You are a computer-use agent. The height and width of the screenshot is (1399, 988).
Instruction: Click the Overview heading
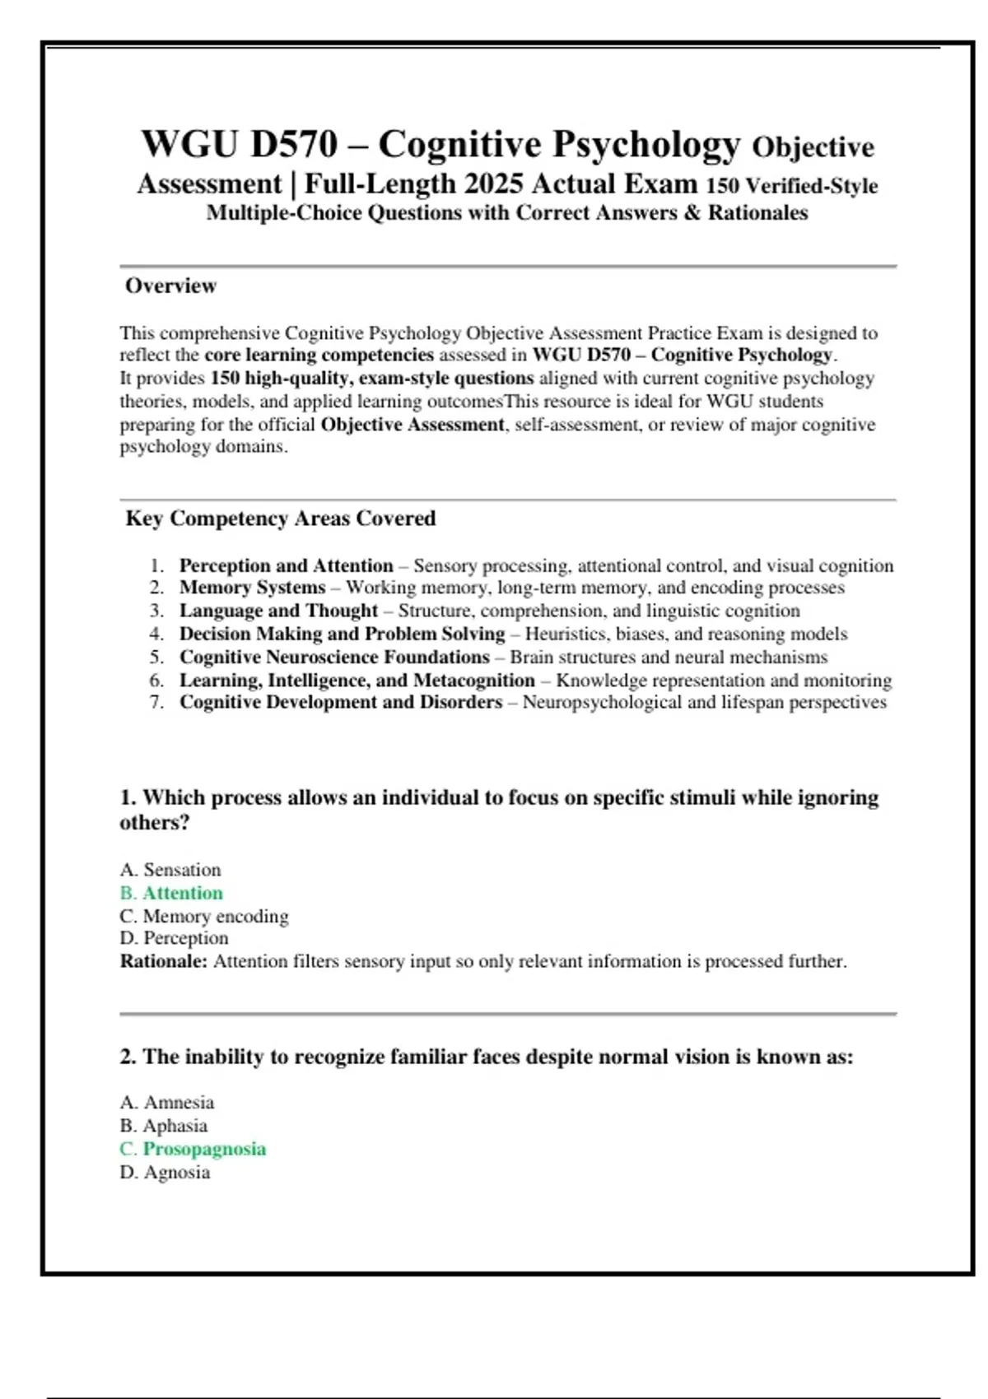[170, 286]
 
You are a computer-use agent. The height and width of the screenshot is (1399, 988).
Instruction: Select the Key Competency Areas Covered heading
[280, 518]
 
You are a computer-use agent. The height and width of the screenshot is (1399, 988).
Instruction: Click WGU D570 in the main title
[239, 144]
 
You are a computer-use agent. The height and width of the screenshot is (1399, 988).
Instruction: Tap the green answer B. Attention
[171, 893]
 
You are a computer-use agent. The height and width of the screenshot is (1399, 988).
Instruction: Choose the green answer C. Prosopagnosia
[193, 1149]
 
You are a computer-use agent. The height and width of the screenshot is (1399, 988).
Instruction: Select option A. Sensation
[170, 870]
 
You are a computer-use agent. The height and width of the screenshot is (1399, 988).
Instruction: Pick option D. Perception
[174, 938]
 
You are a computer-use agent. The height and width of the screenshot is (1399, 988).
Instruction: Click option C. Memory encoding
[204, 916]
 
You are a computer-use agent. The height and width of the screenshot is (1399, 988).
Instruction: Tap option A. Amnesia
[167, 1103]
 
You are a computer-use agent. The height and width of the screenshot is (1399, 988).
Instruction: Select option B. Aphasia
[163, 1126]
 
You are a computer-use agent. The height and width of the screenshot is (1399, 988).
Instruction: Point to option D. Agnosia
[165, 1172]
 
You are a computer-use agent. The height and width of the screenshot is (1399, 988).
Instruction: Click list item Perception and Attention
[286, 566]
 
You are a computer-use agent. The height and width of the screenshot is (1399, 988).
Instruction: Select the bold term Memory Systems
[252, 588]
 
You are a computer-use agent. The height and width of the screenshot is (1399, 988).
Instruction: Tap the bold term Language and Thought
[278, 611]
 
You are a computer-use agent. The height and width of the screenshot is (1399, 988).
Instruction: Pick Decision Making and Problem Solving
[342, 634]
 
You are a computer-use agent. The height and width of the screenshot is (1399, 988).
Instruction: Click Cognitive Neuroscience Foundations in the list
[334, 657]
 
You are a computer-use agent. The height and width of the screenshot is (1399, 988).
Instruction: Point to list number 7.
[156, 702]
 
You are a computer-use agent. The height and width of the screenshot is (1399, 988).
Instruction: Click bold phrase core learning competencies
[319, 355]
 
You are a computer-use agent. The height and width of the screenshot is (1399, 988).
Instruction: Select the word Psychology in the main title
[646, 144]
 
